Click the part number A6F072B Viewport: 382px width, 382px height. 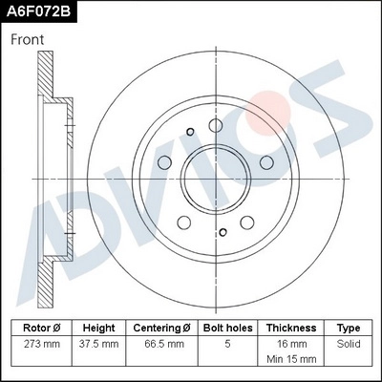(39, 11)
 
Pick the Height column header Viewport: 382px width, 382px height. (99, 326)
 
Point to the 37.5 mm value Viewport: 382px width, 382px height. (99, 342)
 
